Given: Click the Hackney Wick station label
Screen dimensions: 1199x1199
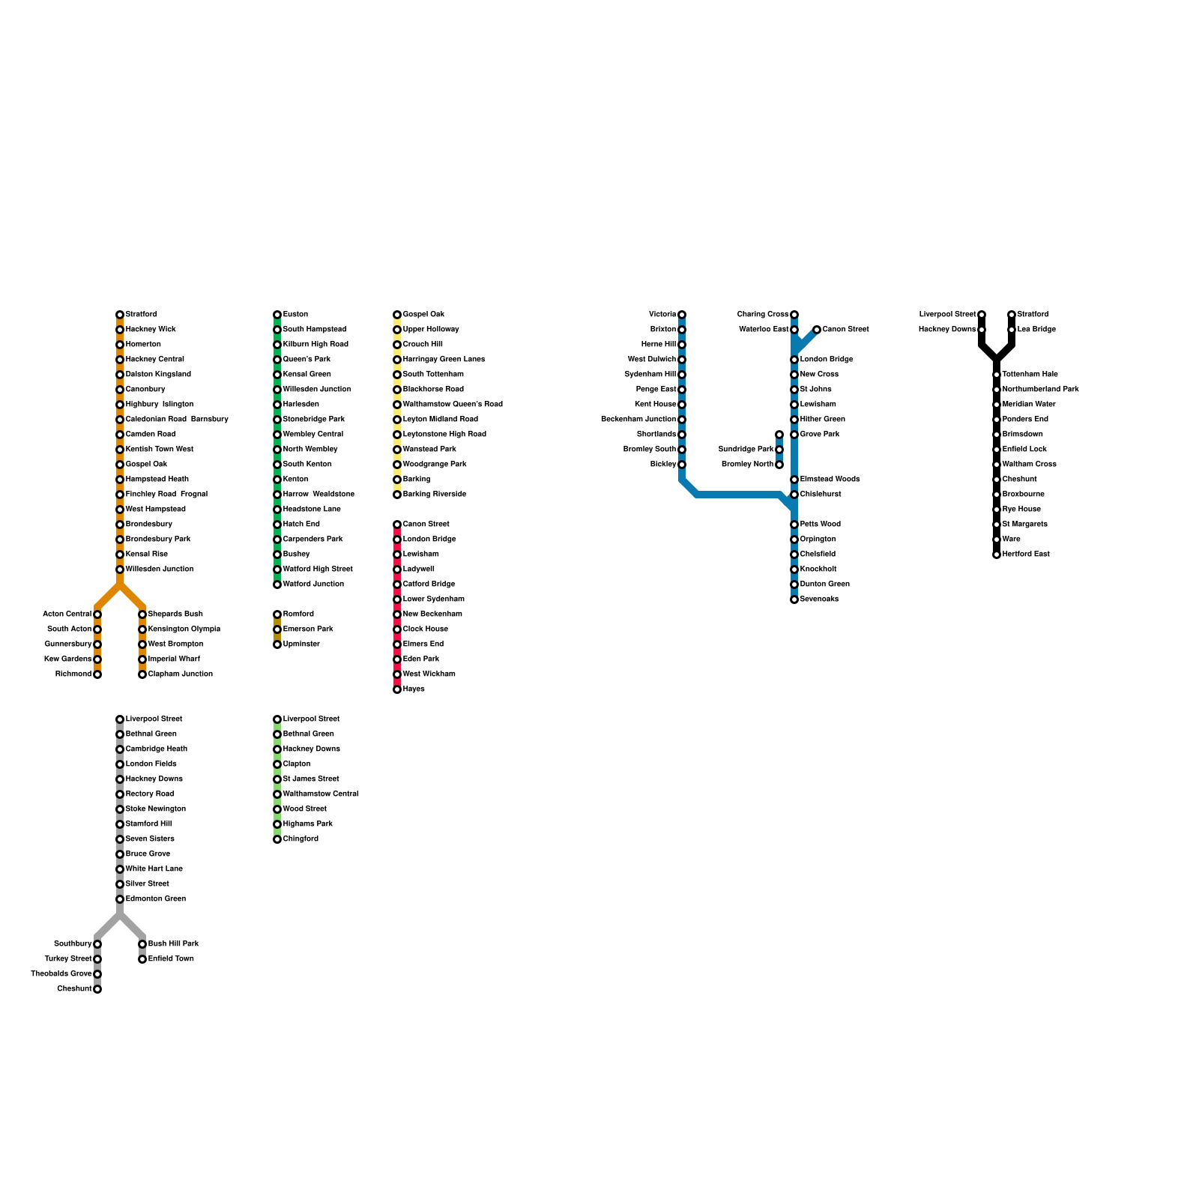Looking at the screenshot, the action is coord(151,330).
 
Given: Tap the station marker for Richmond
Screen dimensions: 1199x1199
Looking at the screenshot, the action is coord(97,674).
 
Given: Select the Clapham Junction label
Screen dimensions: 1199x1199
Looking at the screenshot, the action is coord(180,674).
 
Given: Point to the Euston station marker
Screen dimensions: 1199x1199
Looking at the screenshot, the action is coord(277,315).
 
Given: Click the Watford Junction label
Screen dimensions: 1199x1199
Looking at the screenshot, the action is coord(313,585).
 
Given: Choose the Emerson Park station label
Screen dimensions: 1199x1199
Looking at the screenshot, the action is coord(308,629).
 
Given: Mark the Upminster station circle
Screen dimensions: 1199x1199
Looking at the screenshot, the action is coord(277,644).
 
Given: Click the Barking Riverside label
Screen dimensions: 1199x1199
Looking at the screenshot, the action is coord(434,495).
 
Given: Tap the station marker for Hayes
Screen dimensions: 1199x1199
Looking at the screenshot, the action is coord(397,689).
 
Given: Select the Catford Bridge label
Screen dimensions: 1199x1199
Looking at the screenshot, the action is coord(429,585).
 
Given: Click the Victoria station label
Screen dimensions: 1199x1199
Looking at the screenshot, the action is coord(662,315).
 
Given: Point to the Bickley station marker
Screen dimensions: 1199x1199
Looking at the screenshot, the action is coord(682,465).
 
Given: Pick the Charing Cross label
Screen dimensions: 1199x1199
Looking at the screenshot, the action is coord(762,315).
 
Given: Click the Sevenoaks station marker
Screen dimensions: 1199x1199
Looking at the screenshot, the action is coord(794,599).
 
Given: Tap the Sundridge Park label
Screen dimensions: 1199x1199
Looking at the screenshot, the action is coord(746,450).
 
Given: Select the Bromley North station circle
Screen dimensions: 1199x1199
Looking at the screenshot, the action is coord(779,465).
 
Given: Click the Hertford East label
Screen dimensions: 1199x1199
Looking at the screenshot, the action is coord(1026,555).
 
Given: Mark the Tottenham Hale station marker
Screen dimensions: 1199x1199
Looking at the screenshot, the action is coord(997,375).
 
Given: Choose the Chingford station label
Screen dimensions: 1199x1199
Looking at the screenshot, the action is coord(300,839).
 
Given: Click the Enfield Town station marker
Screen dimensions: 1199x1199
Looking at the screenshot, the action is coord(142,959).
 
